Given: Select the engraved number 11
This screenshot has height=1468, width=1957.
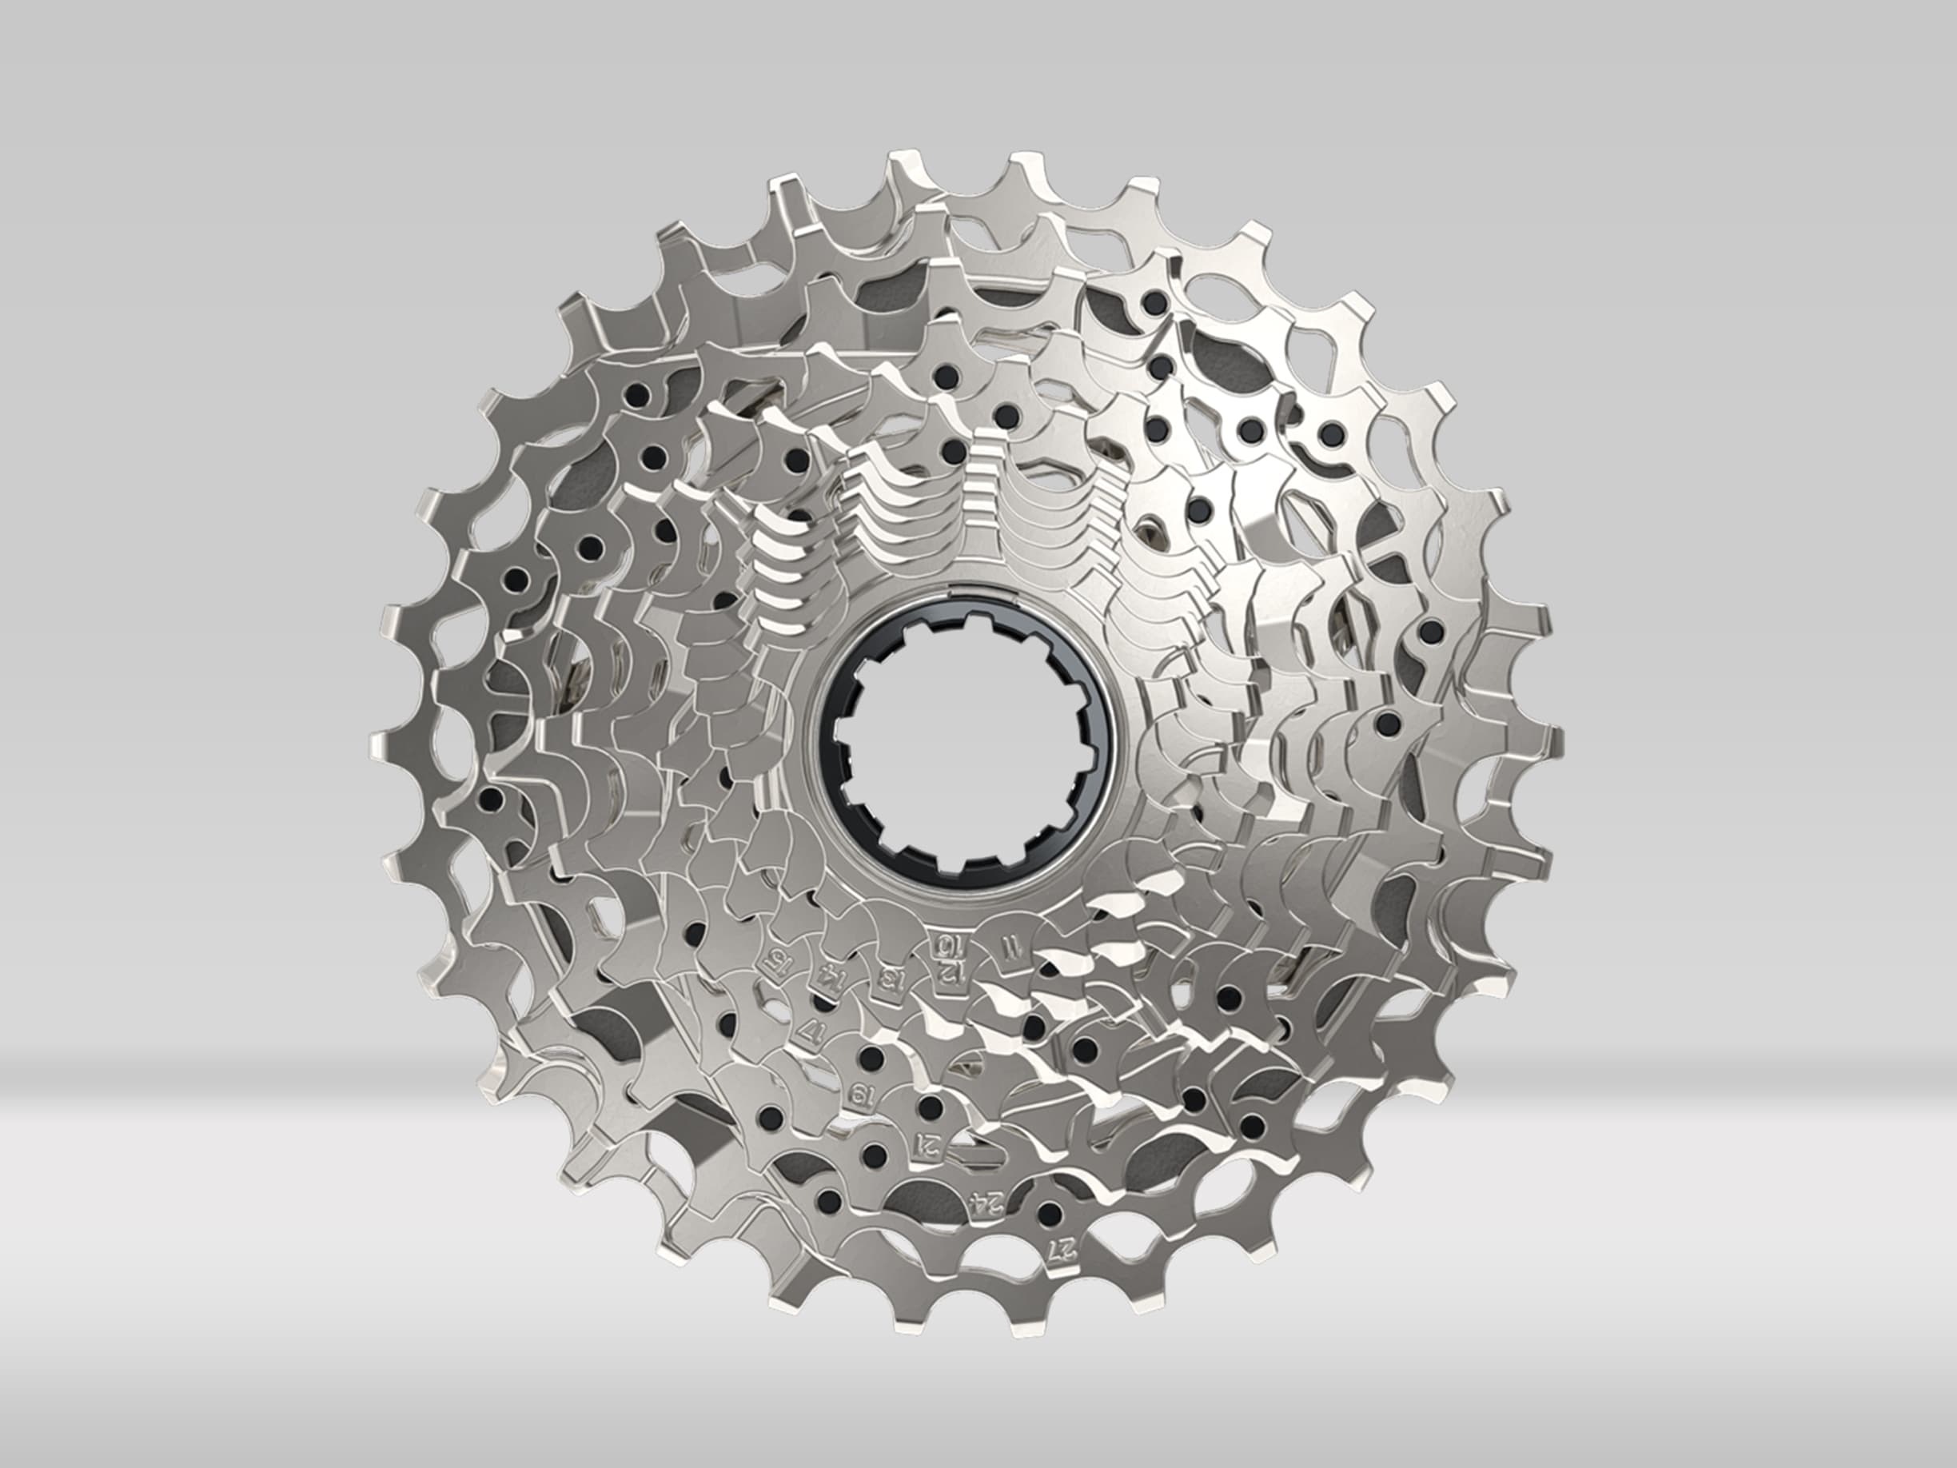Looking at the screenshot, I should coord(1005,947).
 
